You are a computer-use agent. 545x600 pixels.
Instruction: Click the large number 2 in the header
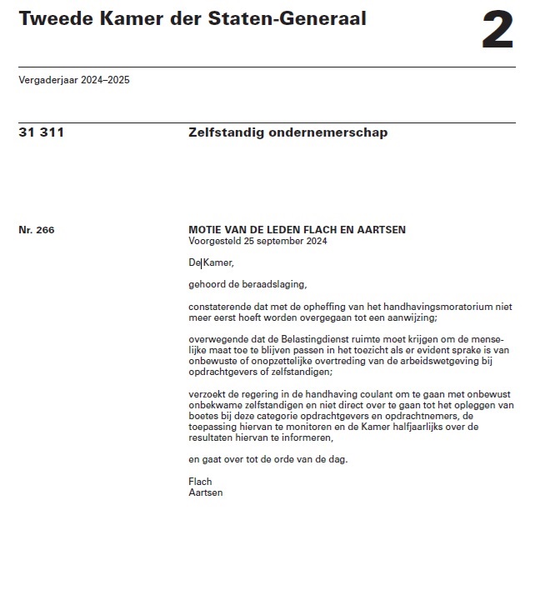pos(497,32)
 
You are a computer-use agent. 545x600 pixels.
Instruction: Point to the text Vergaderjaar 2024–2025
pos(73,81)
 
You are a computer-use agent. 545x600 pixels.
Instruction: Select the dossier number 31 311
pos(41,132)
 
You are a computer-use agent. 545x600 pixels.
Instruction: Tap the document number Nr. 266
pos(36,230)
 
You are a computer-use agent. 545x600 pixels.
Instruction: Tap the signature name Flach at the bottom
pos(201,482)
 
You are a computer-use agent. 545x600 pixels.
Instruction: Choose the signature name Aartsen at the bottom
pos(206,492)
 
